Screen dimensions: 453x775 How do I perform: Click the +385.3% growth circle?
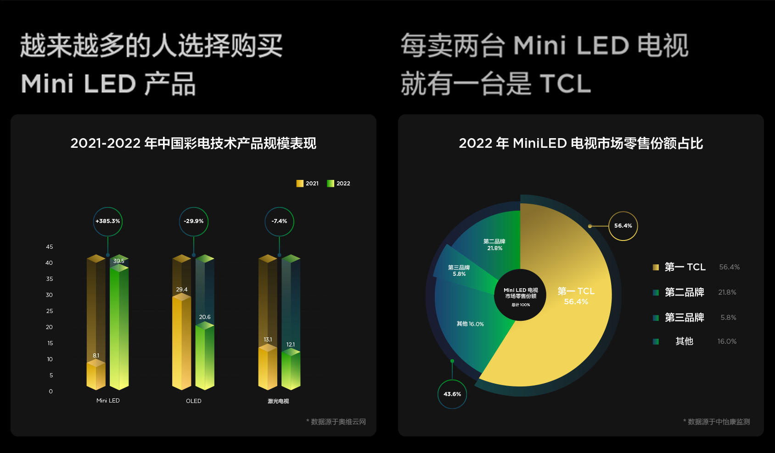tap(108, 221)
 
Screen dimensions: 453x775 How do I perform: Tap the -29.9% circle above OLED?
tap(193, 221)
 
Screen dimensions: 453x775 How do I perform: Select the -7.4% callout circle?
tap(279, 221)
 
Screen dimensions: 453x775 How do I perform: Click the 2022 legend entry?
tap(339, 184)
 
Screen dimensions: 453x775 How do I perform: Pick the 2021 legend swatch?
tap(300, 184)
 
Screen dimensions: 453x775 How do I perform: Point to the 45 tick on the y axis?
tap(50, 247)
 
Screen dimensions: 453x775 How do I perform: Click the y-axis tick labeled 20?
tap(50, 327)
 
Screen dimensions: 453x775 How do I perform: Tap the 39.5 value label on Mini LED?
tap(119, 261)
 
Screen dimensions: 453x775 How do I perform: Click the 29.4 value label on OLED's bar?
tap(182, 290)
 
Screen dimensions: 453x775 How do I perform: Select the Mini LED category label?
tap(108, 401)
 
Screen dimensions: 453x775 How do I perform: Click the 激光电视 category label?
tap(278, 401)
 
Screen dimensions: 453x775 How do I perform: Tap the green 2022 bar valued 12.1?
tap(291, 370)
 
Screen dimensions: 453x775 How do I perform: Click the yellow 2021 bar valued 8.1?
tap(95, 375)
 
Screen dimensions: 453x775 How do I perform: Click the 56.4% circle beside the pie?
tap(623, 226)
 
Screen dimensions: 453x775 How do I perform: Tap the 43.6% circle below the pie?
tap(452, 394)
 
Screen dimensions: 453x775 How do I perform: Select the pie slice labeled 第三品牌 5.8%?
tap(459, 271)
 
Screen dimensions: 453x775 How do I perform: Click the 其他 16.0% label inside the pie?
tap(470, 324)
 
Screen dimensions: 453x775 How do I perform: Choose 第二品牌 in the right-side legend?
tap(684, 292)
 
